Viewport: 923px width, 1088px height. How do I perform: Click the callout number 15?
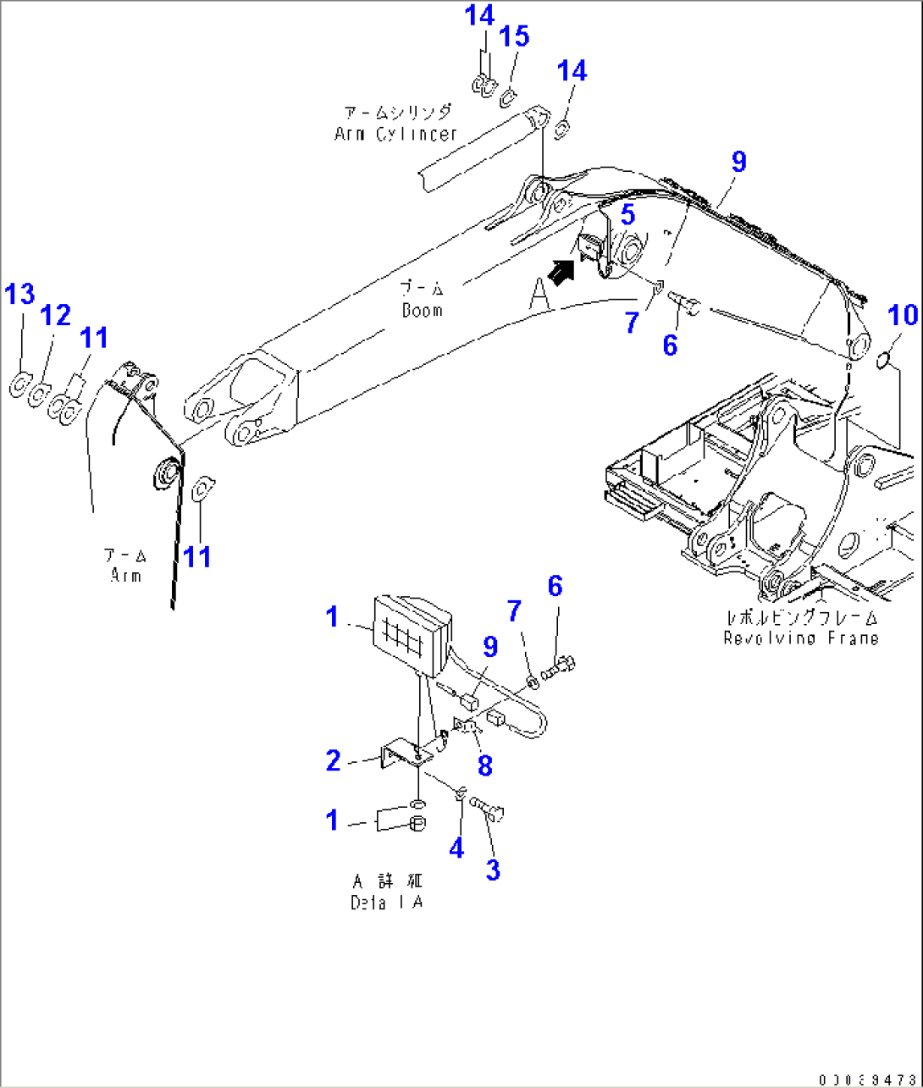pos(514,36)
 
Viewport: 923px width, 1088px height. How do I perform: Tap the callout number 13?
pos(20,295)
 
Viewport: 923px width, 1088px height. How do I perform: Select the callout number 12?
pos(56,316)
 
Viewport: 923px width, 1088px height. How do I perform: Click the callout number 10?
pos(903,315)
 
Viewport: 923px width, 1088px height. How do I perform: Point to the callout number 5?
pos(627,215)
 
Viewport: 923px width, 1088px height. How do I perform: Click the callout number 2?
pos(334,760)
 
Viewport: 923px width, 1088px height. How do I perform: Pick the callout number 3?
pos(493,869)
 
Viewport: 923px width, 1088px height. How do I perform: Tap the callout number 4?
pos(456,847)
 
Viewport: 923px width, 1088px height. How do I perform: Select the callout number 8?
pos(484,765)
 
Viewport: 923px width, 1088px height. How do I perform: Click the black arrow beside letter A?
pos(560,272)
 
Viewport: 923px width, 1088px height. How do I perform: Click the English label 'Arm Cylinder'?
pos(395,134)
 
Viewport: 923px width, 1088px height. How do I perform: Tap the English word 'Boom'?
pos(422,310)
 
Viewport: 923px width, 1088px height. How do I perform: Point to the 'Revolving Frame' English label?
pos(800,638)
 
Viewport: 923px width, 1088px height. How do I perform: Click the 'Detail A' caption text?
pos(386,903)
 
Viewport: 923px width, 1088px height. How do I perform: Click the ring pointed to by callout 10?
pos(882,361)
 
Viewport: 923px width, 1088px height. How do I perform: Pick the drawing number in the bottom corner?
pos(867,1080)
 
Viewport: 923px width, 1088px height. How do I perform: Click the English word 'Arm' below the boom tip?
pos(125,575)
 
